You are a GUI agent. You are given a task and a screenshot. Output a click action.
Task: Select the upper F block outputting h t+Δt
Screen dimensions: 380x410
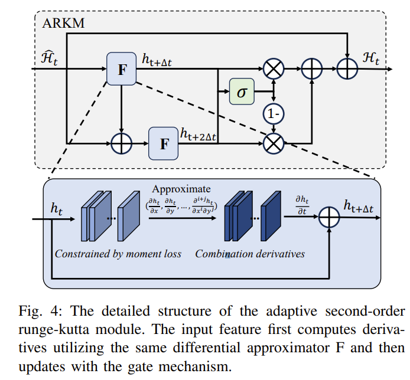121,68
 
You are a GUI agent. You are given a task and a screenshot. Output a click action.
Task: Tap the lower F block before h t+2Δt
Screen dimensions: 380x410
164,142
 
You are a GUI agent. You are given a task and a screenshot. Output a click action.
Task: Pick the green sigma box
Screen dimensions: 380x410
242,93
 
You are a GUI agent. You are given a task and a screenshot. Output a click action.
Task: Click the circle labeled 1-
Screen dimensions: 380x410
273,114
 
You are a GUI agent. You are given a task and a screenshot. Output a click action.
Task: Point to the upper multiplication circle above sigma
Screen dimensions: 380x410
273,69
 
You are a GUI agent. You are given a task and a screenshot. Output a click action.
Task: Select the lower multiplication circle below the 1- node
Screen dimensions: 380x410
273,142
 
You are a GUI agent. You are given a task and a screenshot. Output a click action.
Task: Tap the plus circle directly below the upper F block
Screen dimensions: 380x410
121,142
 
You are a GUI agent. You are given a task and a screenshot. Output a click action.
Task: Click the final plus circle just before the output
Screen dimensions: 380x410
347,69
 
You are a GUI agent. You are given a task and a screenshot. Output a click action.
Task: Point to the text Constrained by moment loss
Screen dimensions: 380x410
118,254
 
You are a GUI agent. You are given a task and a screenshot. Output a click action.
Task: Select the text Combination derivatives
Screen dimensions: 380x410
250,254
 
